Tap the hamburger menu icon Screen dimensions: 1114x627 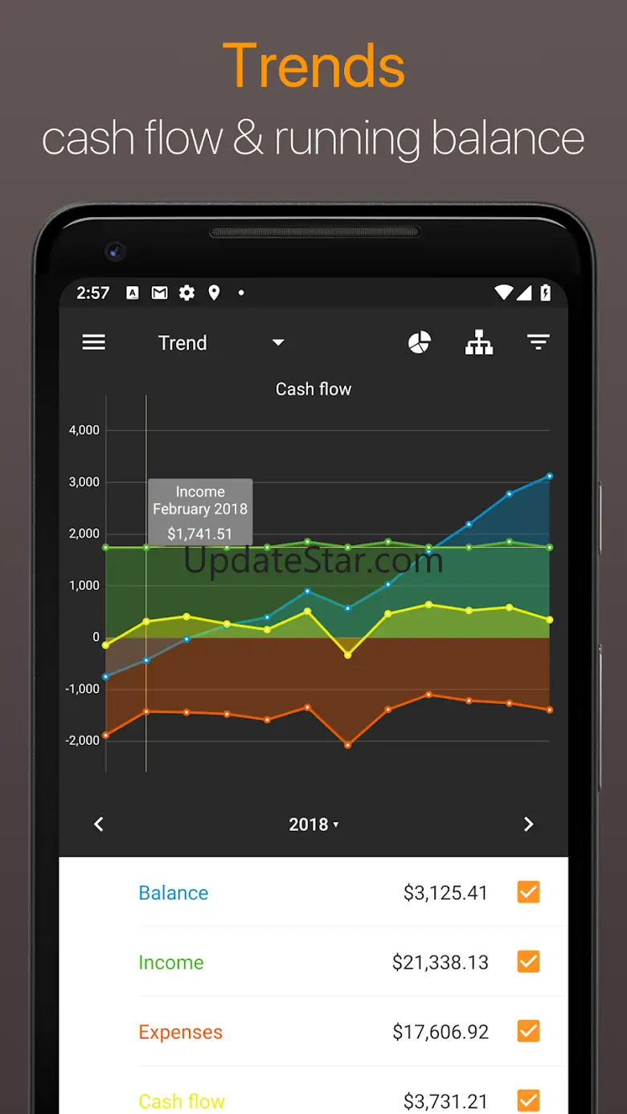[94, 342]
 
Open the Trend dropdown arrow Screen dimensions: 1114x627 [278, 342]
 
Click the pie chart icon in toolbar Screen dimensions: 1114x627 [420, 342]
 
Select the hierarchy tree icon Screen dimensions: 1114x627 [479, 342]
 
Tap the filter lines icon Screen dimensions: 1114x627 [538, 342]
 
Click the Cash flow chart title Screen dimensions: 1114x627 [313, 389]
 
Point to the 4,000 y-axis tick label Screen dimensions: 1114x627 [84, 430]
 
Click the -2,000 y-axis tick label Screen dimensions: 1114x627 [82, 740]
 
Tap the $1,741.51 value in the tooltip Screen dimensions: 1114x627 [199, 534]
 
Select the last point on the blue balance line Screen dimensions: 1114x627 [550, 476]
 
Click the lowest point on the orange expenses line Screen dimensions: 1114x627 [347, 745]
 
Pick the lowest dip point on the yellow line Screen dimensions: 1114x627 [347, 655]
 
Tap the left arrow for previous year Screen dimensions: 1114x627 [99, 824]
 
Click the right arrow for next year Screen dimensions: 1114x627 [528, 824]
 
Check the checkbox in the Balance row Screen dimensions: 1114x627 [528, 892]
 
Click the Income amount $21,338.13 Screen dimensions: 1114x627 [440, 962]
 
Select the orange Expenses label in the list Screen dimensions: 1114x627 [180, 1032]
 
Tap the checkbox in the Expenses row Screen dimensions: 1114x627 [528, 1031]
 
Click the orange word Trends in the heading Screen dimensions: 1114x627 [313, 66]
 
